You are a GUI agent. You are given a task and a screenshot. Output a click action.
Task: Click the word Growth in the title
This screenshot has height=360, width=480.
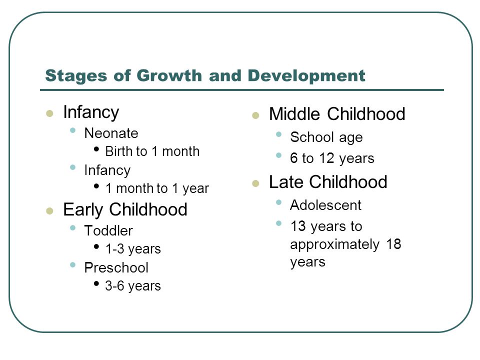(x=169, y=75)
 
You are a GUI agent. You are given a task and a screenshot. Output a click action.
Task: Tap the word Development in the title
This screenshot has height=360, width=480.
(x=306, y=75)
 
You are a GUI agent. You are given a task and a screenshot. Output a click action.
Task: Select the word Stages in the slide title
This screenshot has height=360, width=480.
(x=76, y=76)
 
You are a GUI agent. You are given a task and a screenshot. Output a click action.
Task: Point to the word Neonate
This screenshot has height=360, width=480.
(x=111, y=133)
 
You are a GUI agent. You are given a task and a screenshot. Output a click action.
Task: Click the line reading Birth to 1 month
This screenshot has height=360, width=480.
(x=152, y=151)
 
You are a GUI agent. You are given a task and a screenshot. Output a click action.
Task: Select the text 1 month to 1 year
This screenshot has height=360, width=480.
(x=157, y=188)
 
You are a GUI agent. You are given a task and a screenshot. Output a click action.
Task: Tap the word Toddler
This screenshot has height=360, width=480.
(x=108, y=230)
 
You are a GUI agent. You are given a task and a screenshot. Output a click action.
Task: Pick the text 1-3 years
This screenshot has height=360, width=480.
(x=133, y=249)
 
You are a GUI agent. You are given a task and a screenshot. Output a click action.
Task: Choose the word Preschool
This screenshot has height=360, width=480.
(x=116, y=267)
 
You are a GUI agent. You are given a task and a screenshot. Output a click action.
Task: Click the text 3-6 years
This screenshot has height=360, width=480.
(x=133, y=286)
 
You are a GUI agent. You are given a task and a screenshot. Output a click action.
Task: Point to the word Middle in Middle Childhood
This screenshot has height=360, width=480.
(x=294, y=114)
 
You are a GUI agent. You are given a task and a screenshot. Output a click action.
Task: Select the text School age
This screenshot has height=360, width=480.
(x=326, y=137)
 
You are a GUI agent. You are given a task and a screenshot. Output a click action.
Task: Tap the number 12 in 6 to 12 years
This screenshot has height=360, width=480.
(x=326, y=158)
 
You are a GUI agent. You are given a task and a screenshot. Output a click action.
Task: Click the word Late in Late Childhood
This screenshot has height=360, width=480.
(x=286, y=182)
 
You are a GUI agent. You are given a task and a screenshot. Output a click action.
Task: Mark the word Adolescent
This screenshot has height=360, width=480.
(x=325, y=205)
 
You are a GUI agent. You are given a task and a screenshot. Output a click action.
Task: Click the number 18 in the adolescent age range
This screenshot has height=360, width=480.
(x=393, y=244)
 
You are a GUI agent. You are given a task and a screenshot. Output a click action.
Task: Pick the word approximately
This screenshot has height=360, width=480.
(x=335, y=244)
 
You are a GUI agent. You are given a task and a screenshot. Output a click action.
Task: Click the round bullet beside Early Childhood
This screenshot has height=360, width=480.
(x=49, y=211)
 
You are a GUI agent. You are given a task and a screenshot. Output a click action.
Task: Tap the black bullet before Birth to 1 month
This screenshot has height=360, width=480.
(x=96, y=149)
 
